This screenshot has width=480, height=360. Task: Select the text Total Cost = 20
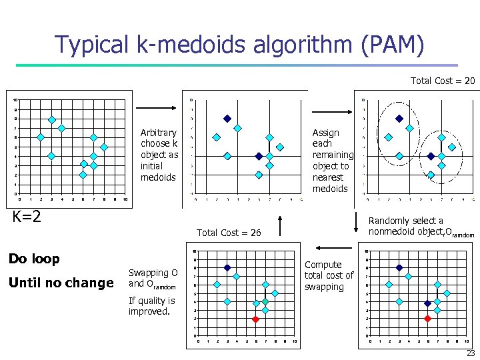pos(442,81)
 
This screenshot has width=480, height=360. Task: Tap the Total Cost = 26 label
pos(229,233)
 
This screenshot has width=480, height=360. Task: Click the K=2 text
pos(27,216)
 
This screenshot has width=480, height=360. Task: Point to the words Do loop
pos(34,259)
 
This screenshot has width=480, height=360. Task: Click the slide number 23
pos(471,353)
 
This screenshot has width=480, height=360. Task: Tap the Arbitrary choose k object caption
pos(159,155)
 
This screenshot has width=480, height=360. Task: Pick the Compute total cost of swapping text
pos(329,275)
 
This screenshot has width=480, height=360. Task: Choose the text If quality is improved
pos(151,305)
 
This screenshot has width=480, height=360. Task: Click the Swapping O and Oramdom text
pos(153,278)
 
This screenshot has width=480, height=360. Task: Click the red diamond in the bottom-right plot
pos(427,319)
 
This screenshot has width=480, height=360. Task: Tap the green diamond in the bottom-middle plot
pos(265,302)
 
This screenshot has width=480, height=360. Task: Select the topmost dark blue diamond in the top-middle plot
pos(227,119)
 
